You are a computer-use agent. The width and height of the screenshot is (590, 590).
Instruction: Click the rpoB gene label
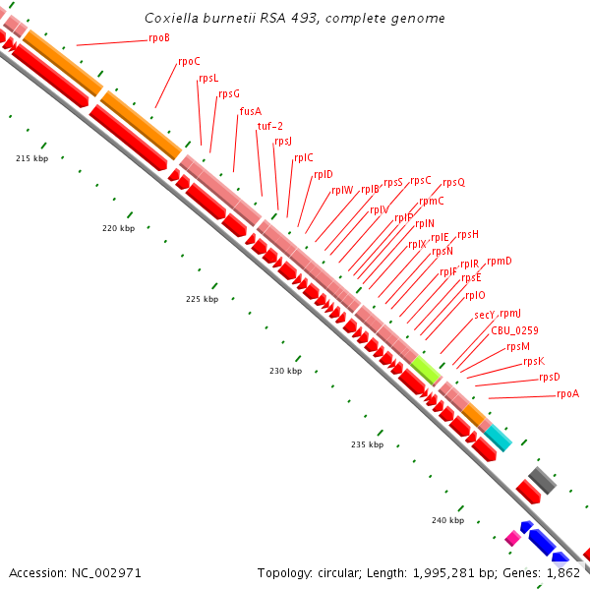(x=159, y=37)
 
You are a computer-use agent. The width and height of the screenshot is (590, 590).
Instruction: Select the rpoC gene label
(x=189, y=61)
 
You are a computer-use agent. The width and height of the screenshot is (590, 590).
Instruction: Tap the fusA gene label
(x=251, y=111)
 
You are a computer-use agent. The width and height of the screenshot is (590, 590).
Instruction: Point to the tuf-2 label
(x=270, y=126)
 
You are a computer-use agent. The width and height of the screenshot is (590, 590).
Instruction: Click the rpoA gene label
(x=567, y=393)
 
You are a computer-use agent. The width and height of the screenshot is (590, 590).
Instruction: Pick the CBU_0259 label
(x=514, y=330)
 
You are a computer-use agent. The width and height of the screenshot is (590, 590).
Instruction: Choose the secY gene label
(x=484, y=315)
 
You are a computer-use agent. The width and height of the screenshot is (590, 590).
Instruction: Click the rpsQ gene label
(x=453, y=182)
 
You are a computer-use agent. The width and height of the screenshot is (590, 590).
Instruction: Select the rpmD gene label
(x=500, y=261)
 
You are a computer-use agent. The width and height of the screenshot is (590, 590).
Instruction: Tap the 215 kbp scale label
(x=32, y=158)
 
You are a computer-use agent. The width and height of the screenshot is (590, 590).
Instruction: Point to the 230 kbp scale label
(x=285, y=372)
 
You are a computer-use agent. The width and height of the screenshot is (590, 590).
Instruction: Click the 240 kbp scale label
(x=447, y=519)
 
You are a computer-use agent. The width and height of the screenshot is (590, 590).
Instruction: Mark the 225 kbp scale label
(x=202, y=299)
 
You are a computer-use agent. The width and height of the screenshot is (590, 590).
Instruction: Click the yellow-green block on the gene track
(x=426, y=370)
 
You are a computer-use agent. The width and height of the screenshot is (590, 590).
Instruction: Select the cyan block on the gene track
(x=498, y=438)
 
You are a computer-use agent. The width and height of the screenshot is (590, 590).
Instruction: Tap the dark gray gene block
(x=542, y=481)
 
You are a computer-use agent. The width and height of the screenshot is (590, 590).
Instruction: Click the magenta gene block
(x=511, y=538)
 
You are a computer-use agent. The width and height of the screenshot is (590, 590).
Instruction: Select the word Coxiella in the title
(x=169, y=19)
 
